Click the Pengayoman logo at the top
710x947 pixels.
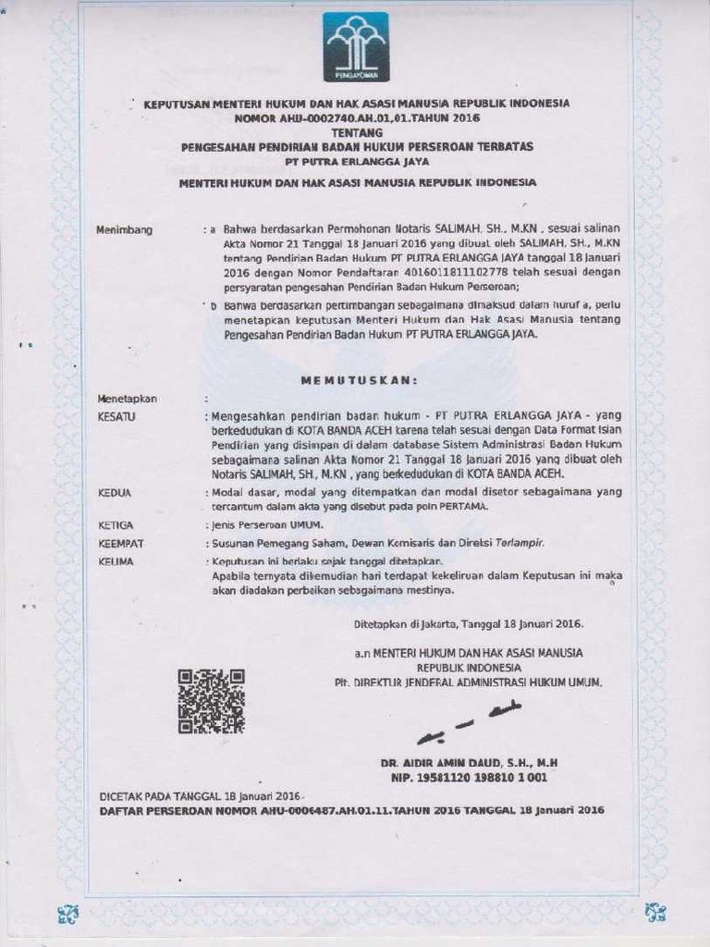356,47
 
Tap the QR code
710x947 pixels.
211,701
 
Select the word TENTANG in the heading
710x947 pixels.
356,132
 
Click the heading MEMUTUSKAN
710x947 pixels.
360,380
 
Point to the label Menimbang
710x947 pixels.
124,230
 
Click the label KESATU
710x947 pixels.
116,417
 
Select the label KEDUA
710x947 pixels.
114,493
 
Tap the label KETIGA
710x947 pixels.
116,525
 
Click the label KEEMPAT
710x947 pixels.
120,544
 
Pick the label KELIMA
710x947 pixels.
116,561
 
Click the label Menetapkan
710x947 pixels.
127,399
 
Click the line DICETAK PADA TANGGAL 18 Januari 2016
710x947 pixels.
201,796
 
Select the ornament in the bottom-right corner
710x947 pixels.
655,913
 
